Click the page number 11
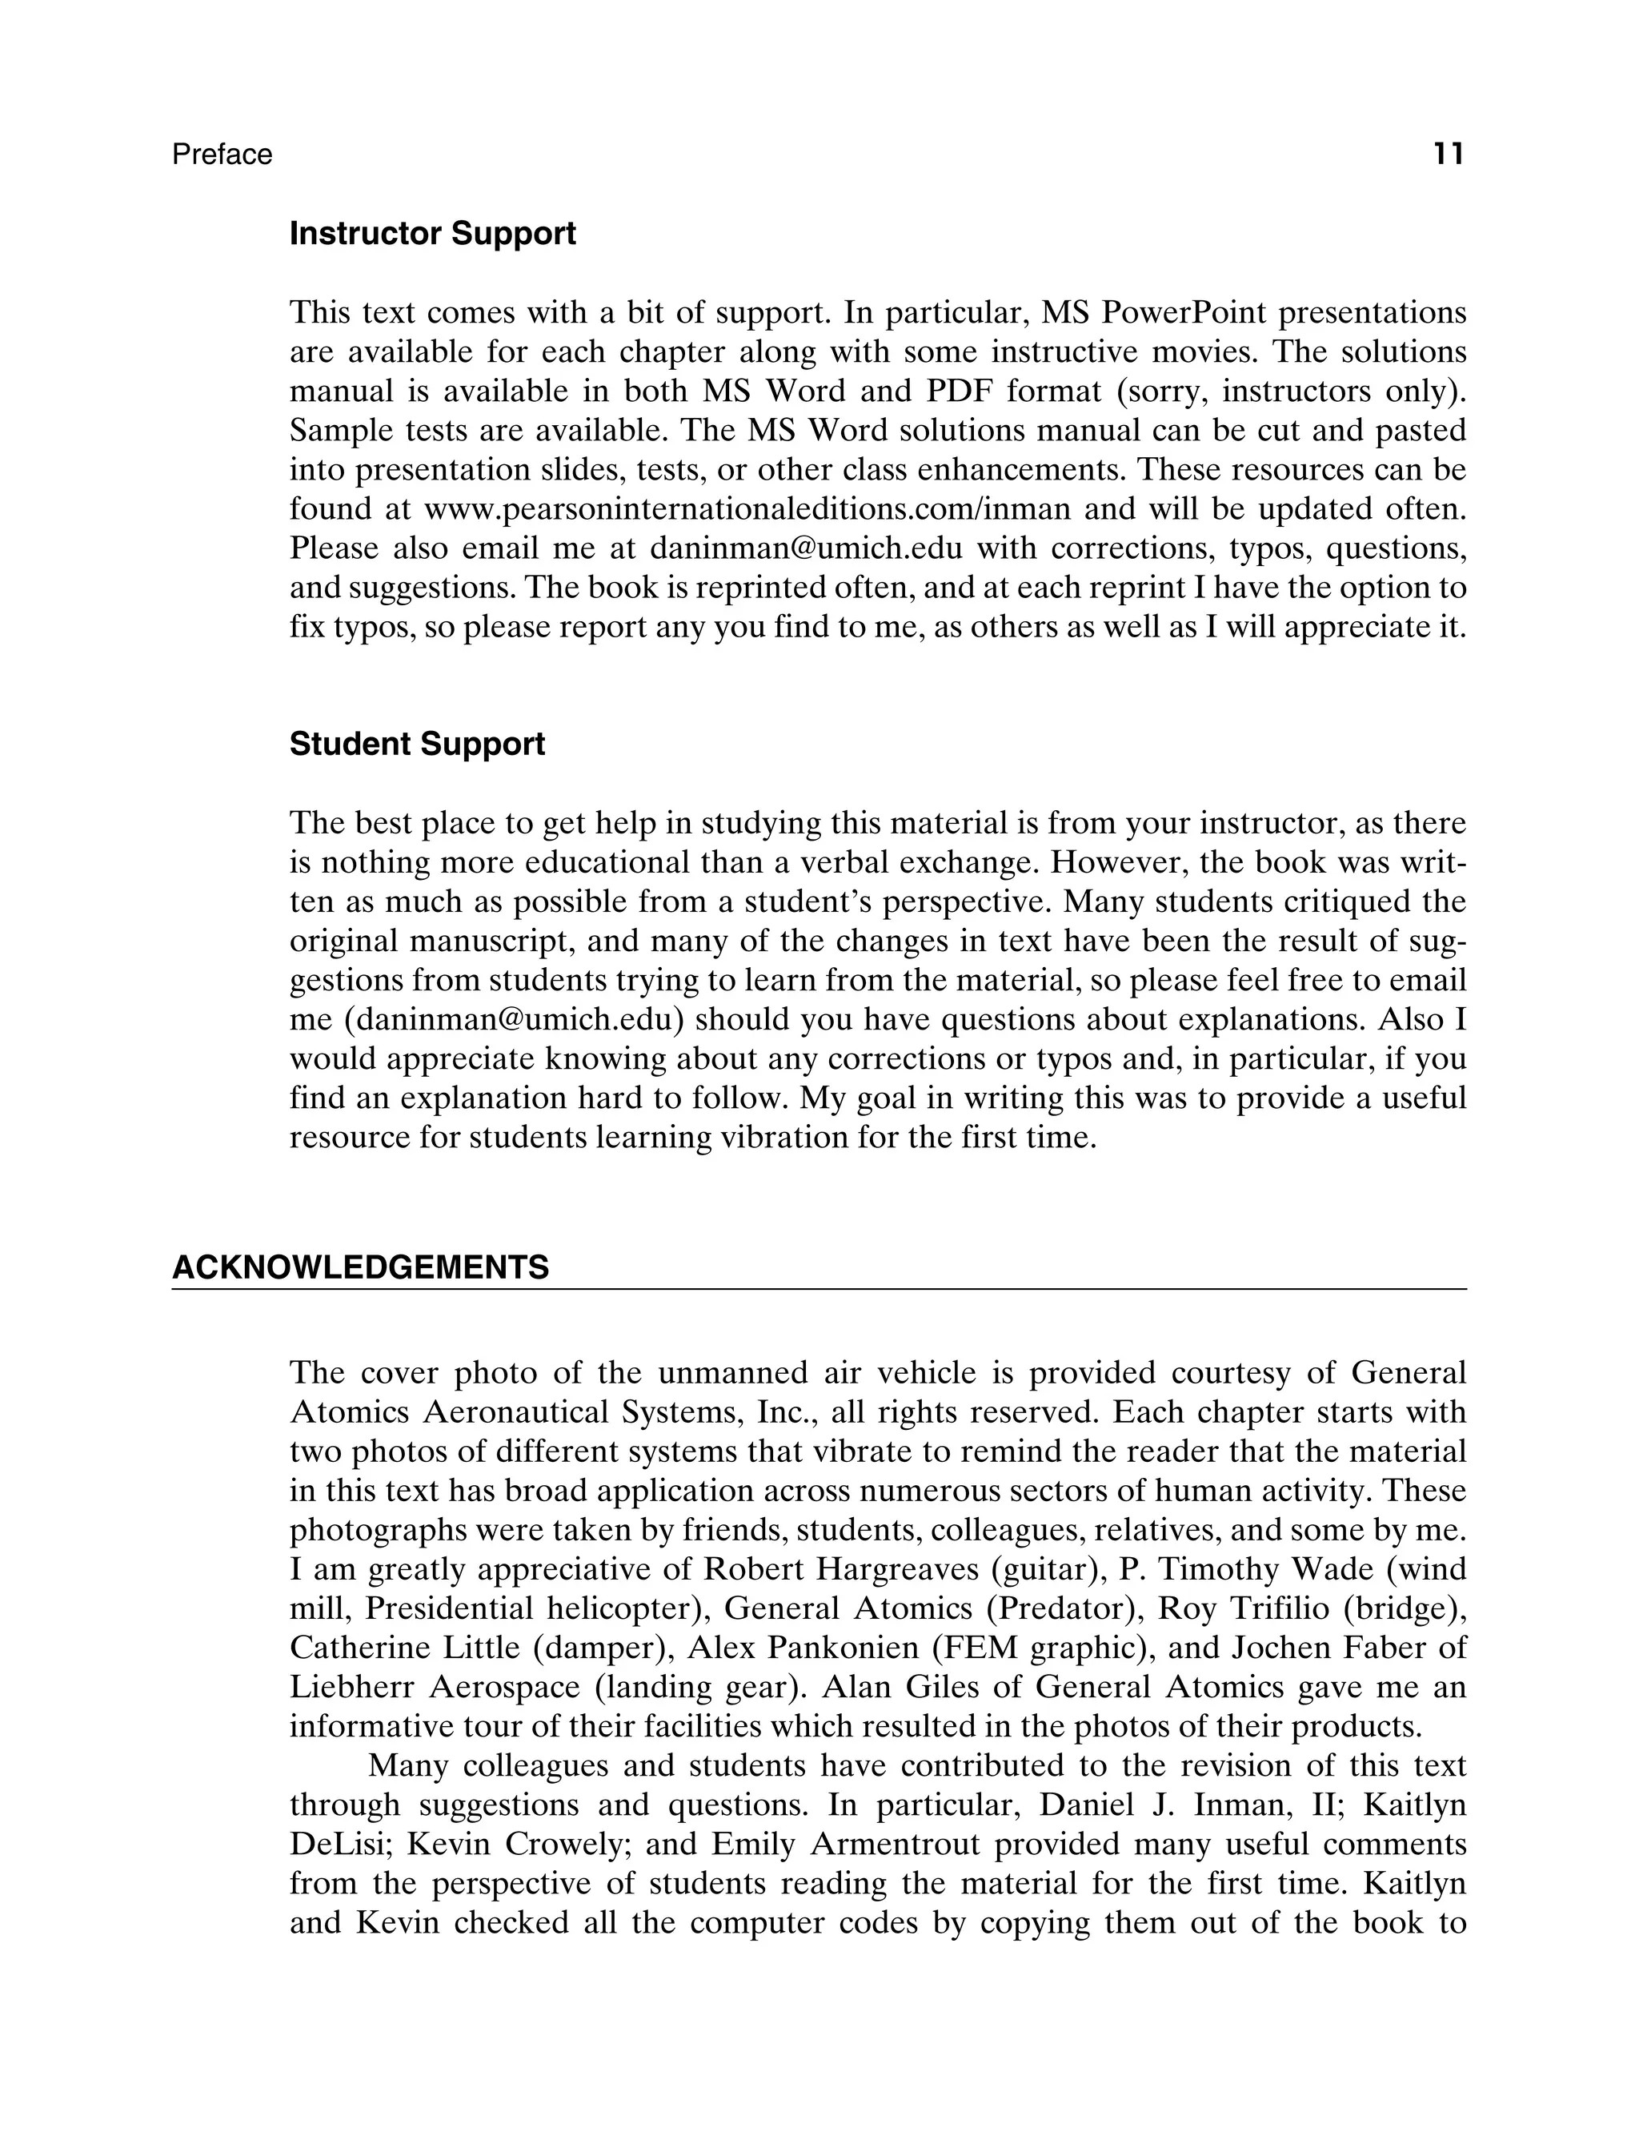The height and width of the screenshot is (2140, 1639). click(1448, 155)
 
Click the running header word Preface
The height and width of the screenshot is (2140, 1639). click(222, 155)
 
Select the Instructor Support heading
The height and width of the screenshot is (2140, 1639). click(432, 235)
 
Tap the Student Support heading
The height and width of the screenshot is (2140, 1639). click(417, 745)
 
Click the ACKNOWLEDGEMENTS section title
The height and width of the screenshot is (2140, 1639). click(360, 1267)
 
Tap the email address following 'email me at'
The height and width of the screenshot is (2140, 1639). click(805, 548)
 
